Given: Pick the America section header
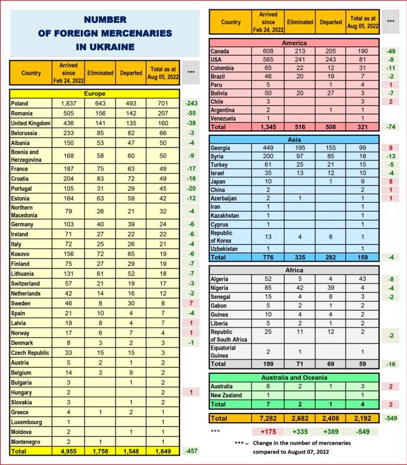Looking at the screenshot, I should click(294, 43).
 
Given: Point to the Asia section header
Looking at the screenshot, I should click(294, 140).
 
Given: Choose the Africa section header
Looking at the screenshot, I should click(294, 270).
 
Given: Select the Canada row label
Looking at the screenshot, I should click(221, 51).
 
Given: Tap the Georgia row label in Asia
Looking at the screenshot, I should click(221, 149).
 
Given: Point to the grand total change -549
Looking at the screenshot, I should click(390, 417).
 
